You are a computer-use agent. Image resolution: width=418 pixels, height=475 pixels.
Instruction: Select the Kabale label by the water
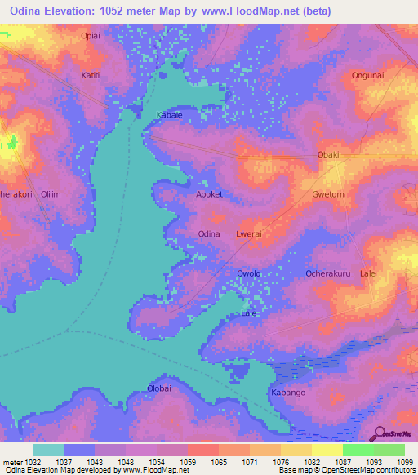click(x=169, y=115)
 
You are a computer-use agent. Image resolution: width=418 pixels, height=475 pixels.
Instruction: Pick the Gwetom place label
click(x=329, y=195)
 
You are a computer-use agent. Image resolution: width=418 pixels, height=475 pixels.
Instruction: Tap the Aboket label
click(x=209, y=195)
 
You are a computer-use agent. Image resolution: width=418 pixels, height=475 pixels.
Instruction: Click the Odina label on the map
click(x=209, y=234)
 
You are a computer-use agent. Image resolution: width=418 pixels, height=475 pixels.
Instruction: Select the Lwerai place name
click(x=247, y=234)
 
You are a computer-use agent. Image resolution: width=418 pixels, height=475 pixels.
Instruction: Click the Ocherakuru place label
click(x=328, y=273)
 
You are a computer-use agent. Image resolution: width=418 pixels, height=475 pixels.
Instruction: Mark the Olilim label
click(x=51, y=195)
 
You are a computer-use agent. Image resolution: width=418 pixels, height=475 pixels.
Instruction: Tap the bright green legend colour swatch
click(x=358, y=450)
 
